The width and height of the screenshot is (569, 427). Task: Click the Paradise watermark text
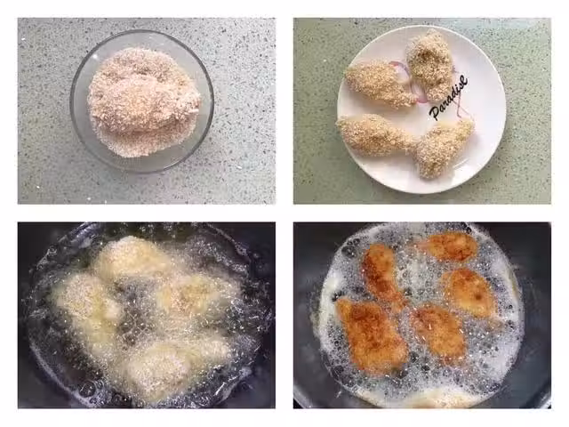click(x=448, y=97)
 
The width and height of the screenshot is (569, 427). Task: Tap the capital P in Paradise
click(x=435, y=114)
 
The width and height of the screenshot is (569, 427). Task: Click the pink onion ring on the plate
click(x=403, y=78)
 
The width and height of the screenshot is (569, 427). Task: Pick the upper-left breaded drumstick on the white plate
click(x=380, y=84)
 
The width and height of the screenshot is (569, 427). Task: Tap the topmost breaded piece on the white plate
click(x=430, y=65)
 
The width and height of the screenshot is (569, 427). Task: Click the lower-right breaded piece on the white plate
click(x=444, y=148)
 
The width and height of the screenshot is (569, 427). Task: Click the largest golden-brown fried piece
click(x=371, y=334)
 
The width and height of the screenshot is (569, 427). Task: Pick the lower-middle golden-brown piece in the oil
click(x=439, y=332)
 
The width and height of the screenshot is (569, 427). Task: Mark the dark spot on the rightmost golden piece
click(x=478, y=298)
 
